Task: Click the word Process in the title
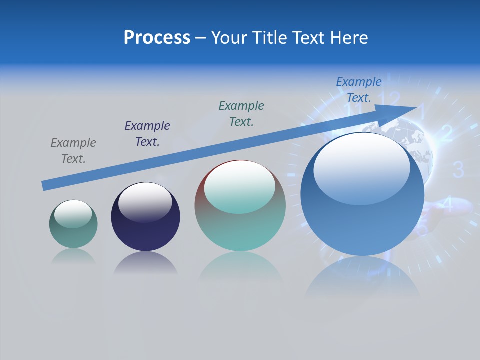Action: coord(157,38)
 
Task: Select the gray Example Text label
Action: coord(73,151)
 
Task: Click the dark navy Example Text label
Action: coord(147,134)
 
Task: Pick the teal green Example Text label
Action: coord(241,114)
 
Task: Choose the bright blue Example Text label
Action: coord(358,90)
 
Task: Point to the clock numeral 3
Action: coord(458,170)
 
